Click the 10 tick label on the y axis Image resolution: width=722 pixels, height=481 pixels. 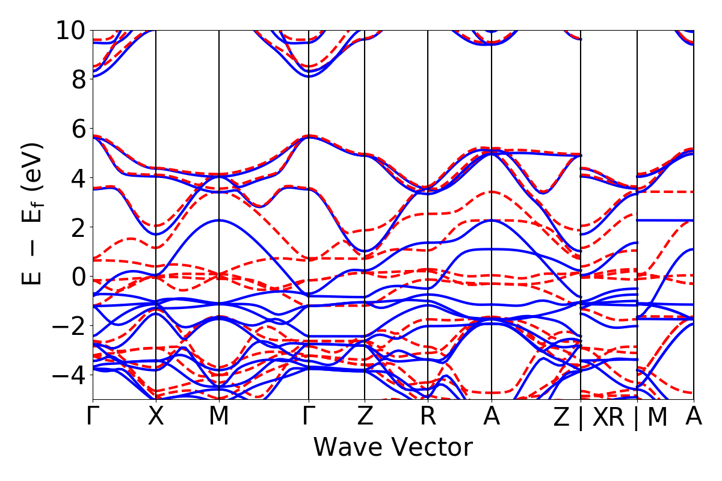point(71,30)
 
